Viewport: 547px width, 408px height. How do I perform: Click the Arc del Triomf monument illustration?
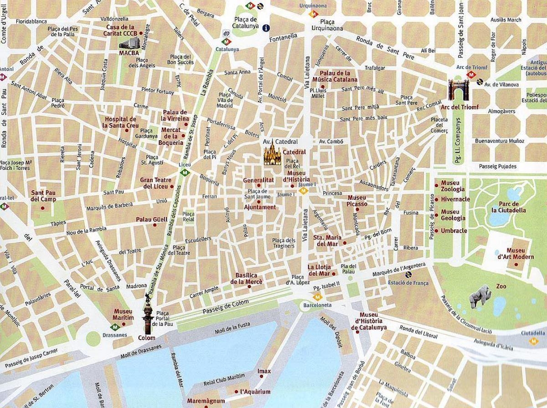click(x=456, y=90)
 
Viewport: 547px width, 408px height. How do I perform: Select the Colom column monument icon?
click(x=147, y=314)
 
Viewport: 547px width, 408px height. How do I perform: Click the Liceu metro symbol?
click(x=185, y=173)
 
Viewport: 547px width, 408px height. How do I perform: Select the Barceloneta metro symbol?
click(x=318, y=296)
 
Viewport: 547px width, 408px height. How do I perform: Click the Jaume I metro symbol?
click(x=307, y=191)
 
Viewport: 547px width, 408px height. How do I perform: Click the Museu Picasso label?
click(x=357, y=201)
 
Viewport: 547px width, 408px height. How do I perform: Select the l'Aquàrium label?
click(x=255, y=392)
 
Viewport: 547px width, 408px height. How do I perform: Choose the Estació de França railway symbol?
click(x=408, y=275)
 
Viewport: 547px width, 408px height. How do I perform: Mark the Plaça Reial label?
click(x=188, y=217)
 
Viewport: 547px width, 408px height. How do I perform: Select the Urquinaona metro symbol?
click(x=313, y=14)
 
